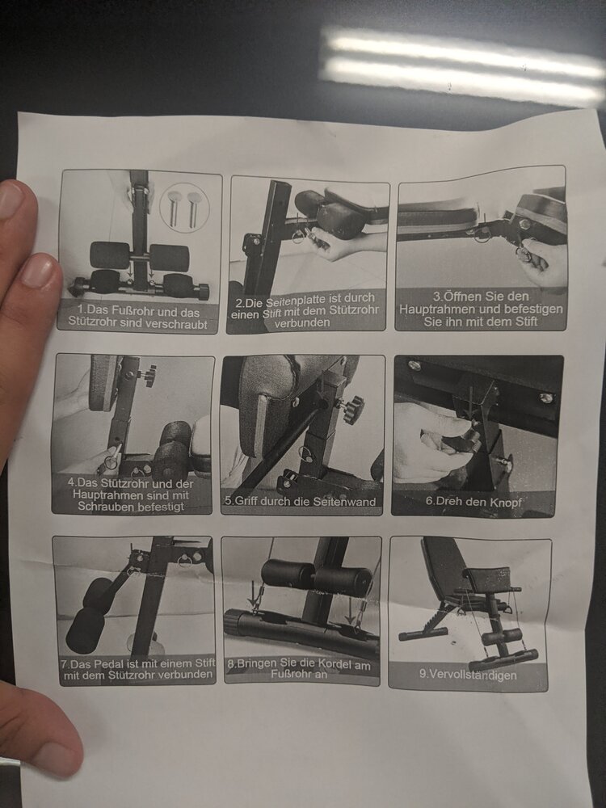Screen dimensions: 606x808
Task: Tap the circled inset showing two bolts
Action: [x=184, y=208]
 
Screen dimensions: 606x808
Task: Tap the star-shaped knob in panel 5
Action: [x=352, y=409]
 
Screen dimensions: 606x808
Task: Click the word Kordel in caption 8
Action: [x=336, y=665]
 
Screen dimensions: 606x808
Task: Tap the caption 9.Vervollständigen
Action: [x=467, y=675]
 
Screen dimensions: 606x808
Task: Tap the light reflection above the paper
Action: [x=461, y=67]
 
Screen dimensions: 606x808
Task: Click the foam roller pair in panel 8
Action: [x=316, y=577]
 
